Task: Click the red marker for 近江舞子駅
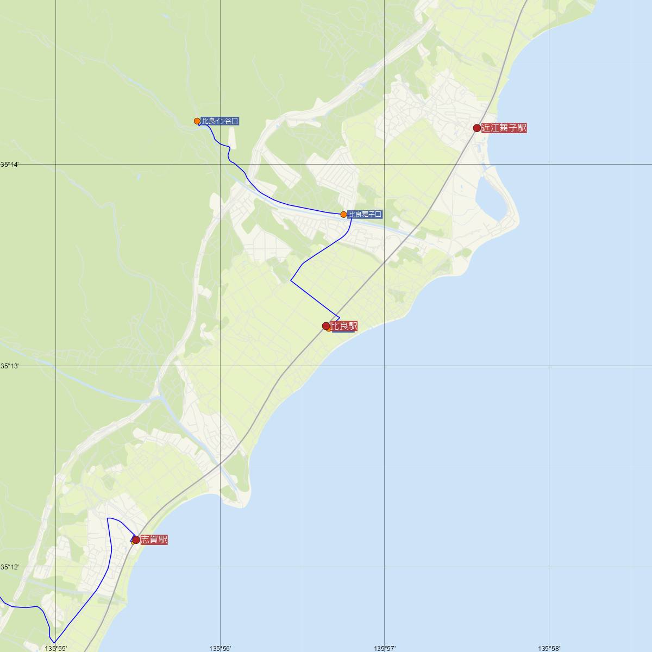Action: (x=477, y=128)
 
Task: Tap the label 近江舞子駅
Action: (x=504, y=128)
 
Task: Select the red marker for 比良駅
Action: (x=326, y=326)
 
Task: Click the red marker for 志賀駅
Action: (x=136, y=540)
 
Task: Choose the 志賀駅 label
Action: (x=154, y=540)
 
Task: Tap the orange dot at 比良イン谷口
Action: (x=198, y=121)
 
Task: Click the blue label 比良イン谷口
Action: (x=220, y=121)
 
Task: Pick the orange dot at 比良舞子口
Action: (x=343, y=215)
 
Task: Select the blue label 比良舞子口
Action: (x=365, y=215)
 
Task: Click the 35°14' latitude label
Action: (x=9, y=164)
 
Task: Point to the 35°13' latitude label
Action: (x=9, y=366)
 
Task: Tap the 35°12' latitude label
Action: (x=9, y=567)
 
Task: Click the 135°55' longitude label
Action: (x=56, y=648)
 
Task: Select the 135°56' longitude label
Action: (x=220, y=648)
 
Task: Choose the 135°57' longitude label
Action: (x=385, y=648)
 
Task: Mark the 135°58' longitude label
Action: (x=549, y=648)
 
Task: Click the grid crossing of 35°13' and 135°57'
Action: (x=385, y=366)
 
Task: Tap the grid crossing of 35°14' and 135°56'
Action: (x=220, y=164)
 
